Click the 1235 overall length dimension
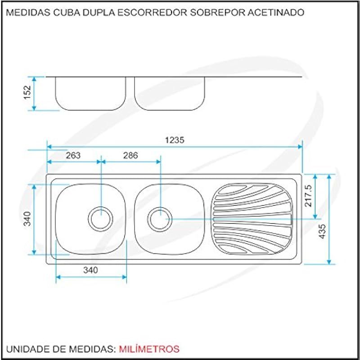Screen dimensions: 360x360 [175, 140]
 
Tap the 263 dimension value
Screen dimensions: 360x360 [73, 155]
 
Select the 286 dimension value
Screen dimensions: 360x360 [130, 155]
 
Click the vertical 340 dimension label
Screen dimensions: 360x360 [27, 219]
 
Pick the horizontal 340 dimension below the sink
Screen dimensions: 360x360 [90, 270]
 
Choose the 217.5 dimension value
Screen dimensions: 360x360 [308, 196]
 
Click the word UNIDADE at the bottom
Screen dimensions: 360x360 [25, 349]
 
